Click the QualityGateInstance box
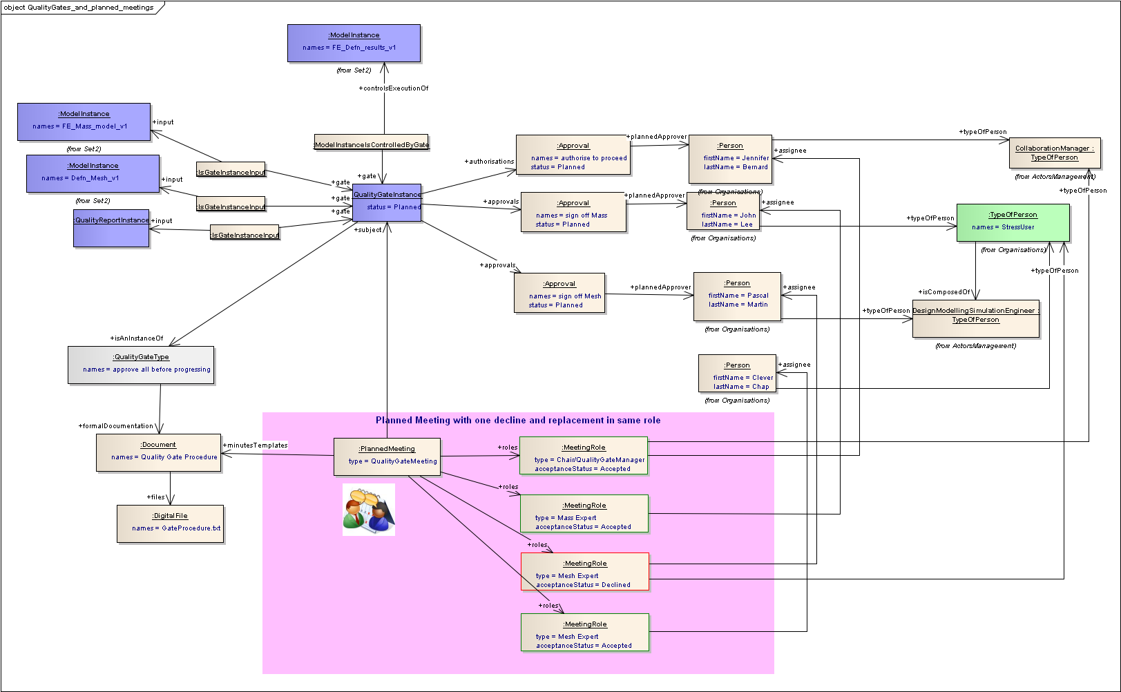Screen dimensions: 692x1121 point(387,202)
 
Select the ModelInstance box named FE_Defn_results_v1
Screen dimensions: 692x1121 point(354,43)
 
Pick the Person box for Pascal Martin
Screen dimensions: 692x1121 point(737,296)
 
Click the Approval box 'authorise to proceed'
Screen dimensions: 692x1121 point(573,155)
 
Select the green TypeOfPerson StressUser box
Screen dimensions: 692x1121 point(1013,222)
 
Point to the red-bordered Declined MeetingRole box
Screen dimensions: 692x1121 point(585,571)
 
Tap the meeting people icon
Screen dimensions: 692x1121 point(369,509)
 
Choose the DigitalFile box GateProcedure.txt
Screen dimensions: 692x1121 point(170,523)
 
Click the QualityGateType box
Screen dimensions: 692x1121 point(141,365)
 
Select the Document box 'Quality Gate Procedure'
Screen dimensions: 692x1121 point(159,452)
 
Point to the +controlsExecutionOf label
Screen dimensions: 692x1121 point(394,88)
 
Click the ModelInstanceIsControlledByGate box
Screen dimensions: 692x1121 point(372,142)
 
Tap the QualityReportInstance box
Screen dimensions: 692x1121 point(111,228)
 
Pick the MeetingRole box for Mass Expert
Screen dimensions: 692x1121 point(584,513)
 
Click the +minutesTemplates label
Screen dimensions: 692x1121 point(256,445)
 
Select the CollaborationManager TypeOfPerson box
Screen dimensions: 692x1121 point(1054,153)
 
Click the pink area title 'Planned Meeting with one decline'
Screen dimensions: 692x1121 point(518,420)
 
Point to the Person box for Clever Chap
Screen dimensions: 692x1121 point(737,374)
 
